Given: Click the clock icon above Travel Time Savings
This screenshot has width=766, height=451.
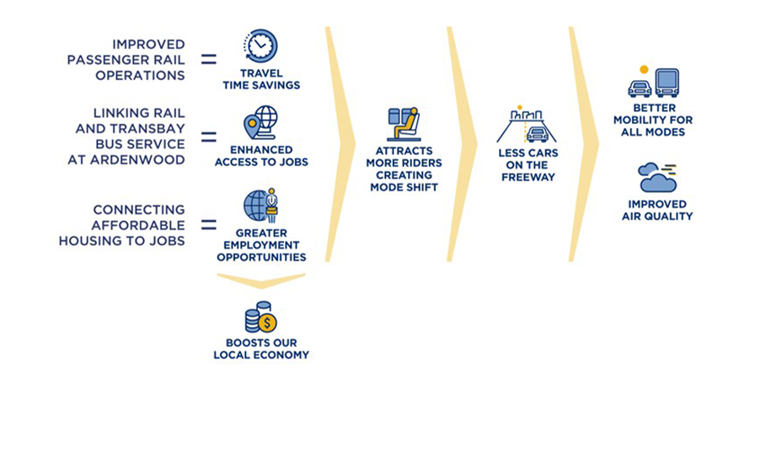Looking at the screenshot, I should pyautogui.click(x=260, y=46).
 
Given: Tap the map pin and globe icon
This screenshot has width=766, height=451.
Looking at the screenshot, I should pyautogui.click(x=260, y=123).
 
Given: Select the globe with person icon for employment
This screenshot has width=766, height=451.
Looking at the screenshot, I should pyautogui.click(x=260, y=205).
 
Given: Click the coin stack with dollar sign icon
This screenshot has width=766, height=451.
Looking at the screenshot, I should pyautogui.click(x=260, y=317).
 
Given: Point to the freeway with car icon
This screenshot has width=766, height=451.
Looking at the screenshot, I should pyautogui.click(x=527, y=126).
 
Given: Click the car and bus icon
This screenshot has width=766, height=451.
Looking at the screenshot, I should pyautogui.click(x=653, y=83).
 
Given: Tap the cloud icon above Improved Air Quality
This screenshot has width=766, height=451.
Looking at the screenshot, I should pyautogui.click(x=656, y=178).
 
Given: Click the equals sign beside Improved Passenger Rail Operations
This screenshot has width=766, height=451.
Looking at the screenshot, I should pyautogui.click(x=208, y=60).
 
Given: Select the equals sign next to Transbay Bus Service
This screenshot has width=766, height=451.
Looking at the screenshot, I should pyautogui.click(x=208, y=137).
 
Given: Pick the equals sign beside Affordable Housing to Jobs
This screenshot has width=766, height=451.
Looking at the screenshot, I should pyautogui.click(x=208, y=225).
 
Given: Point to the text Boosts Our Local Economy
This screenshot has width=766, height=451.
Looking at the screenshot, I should pyautogui.click(x=261, y=349).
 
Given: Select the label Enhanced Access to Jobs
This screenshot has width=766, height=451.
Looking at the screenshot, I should pyautogui.click(x=260, y=156).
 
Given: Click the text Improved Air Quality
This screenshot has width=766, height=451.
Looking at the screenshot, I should pyautogui.click(x=656, y=210).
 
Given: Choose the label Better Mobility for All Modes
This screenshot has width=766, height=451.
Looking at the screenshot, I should pyautogui.click(x=653, y=120).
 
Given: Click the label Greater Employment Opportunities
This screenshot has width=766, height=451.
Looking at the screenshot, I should pyautogui.click(x=261, y=244).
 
